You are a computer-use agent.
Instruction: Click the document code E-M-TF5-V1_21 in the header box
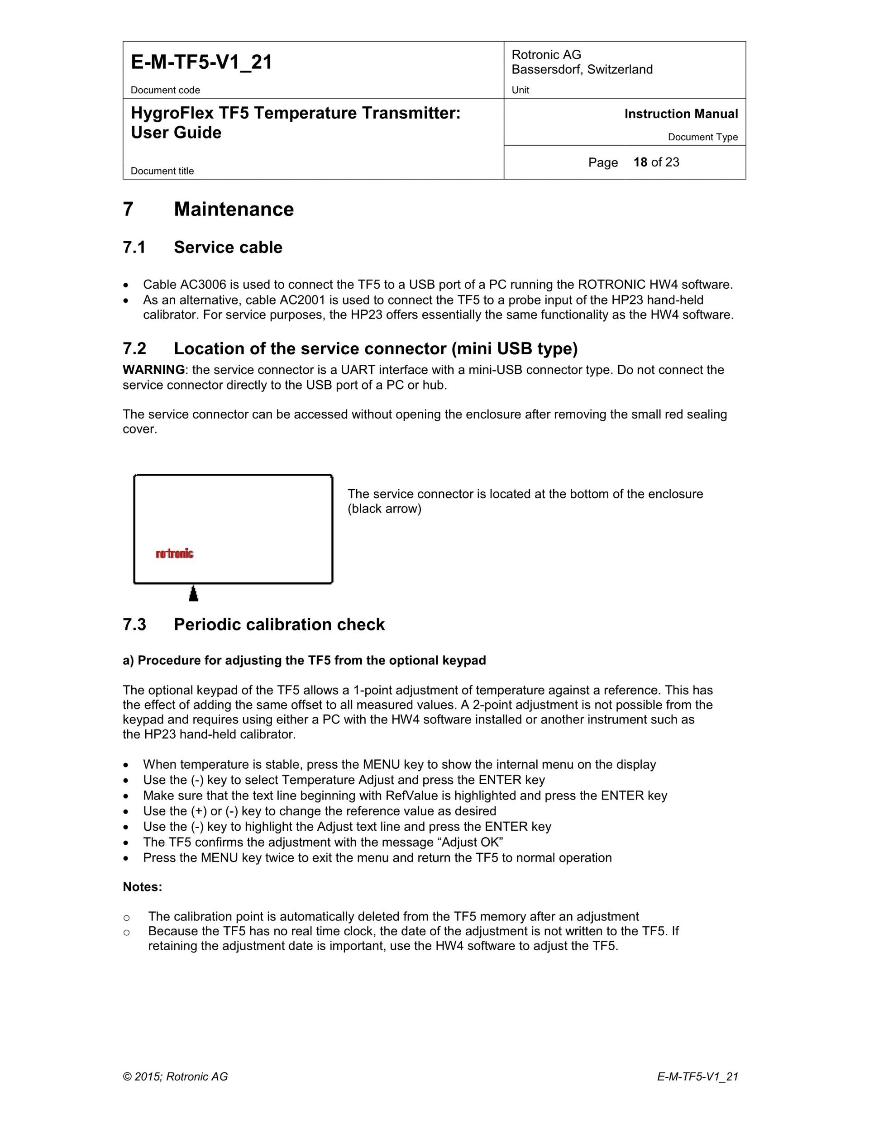[201, 62]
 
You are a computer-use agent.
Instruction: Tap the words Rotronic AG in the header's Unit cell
[546, 55]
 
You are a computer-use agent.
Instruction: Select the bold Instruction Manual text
[681, 114]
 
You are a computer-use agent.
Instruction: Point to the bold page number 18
[640, 162]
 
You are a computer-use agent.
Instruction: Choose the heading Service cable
[228, 247]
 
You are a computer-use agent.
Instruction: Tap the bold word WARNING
[153, 370]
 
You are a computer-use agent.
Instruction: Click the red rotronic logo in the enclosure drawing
[175, 554]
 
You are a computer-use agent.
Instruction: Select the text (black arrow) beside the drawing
[384, 509]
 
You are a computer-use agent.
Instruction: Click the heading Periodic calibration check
[279, 624]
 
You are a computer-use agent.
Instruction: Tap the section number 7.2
[134, 348]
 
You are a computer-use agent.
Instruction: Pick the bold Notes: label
[142, 887]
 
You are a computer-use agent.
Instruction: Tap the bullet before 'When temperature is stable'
[126, 765]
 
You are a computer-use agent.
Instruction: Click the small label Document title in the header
[162, 171]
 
